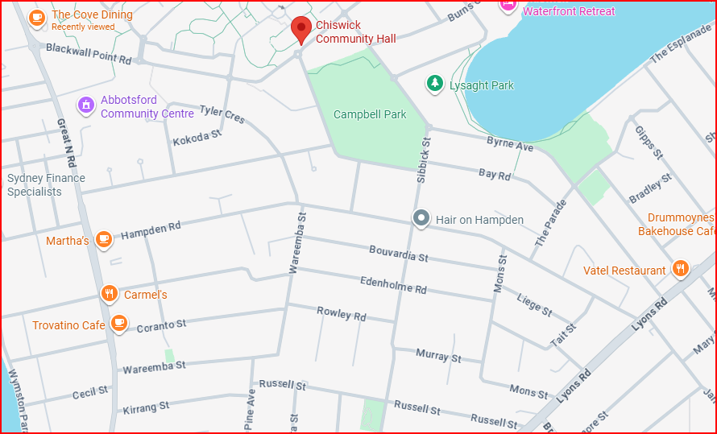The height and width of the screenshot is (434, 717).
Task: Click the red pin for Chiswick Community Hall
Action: pos(301,29)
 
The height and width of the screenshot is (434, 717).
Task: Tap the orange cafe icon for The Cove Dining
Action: pos(36,18)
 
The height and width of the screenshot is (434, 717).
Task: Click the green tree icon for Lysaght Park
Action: pos(435,83)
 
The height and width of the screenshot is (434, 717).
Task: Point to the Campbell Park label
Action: pos(370,114)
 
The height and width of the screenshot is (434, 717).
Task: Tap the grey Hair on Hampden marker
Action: pos(421,218)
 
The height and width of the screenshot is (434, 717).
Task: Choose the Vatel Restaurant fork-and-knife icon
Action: pos(681,269)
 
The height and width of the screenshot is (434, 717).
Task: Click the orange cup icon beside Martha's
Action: pos(103,239)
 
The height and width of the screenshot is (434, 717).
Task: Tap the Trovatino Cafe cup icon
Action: pos(118,324)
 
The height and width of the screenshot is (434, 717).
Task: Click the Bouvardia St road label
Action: pos(399,254)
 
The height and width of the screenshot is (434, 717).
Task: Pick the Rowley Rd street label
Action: pos(342,313)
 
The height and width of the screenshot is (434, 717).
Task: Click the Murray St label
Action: pos(438,355)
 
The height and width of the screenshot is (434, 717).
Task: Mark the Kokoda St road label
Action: pos(197,138)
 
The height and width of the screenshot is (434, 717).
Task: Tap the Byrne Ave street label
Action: pos(510,145)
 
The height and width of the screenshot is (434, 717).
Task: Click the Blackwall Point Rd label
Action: pos(89,54)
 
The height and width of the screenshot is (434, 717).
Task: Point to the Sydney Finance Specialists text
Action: pos(46,185)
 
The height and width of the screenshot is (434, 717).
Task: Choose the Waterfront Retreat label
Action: pos(569,11)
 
